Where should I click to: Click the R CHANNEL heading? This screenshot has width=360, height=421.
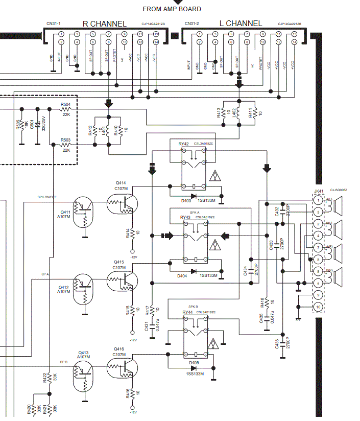point(104,24)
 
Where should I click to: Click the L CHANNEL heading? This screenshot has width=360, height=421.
point(240,24)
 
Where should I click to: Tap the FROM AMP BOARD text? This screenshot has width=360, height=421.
point(172,9)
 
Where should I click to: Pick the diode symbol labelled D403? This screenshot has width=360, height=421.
point(194,196)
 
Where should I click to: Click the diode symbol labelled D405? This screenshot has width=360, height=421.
point(194,367)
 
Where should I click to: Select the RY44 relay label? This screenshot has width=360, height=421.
point(187,312)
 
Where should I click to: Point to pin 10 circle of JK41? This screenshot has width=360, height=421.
point(318,307)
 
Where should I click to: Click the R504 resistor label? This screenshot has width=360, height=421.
point(65,104)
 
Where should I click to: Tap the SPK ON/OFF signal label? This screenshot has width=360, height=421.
point(47,197)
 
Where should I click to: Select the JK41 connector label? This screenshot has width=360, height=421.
point(318,191)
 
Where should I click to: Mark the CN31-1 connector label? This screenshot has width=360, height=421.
point(53,24)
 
